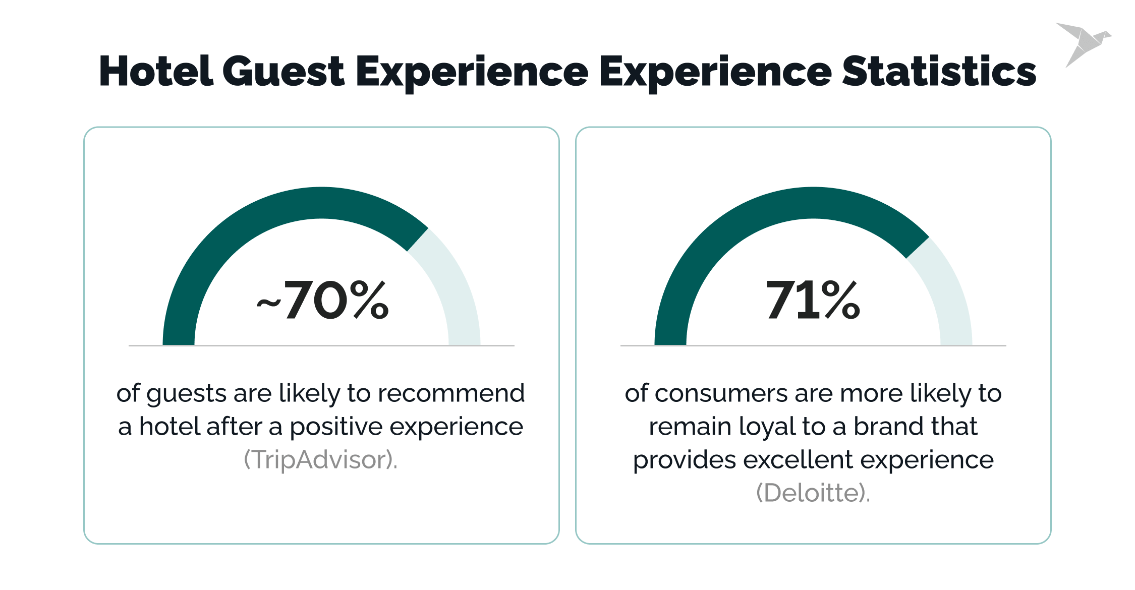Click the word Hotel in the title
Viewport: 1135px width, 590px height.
156,72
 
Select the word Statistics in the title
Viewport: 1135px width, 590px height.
939,72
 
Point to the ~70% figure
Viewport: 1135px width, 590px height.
323,300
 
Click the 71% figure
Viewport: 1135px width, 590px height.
813,300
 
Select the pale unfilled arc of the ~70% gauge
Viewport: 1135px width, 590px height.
454,287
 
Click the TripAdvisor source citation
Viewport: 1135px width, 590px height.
321,460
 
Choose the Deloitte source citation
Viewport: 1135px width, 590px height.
813,493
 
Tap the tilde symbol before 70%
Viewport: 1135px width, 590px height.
268,303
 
